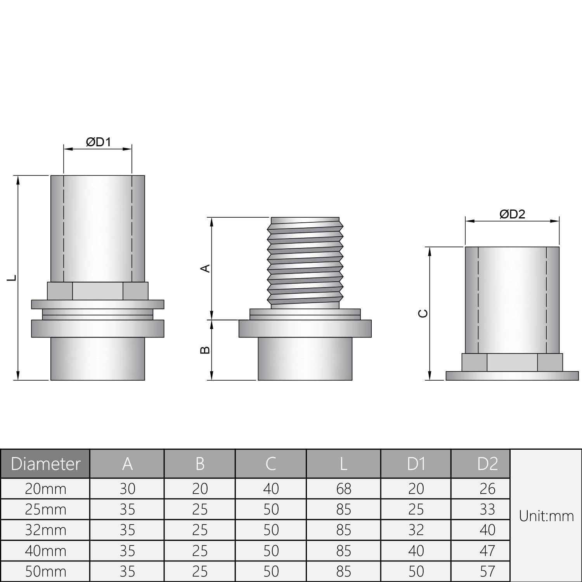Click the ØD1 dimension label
99,142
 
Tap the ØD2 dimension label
512,214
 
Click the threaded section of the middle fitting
305,263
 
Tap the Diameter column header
45,464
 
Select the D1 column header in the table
416,464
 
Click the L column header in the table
343,464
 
